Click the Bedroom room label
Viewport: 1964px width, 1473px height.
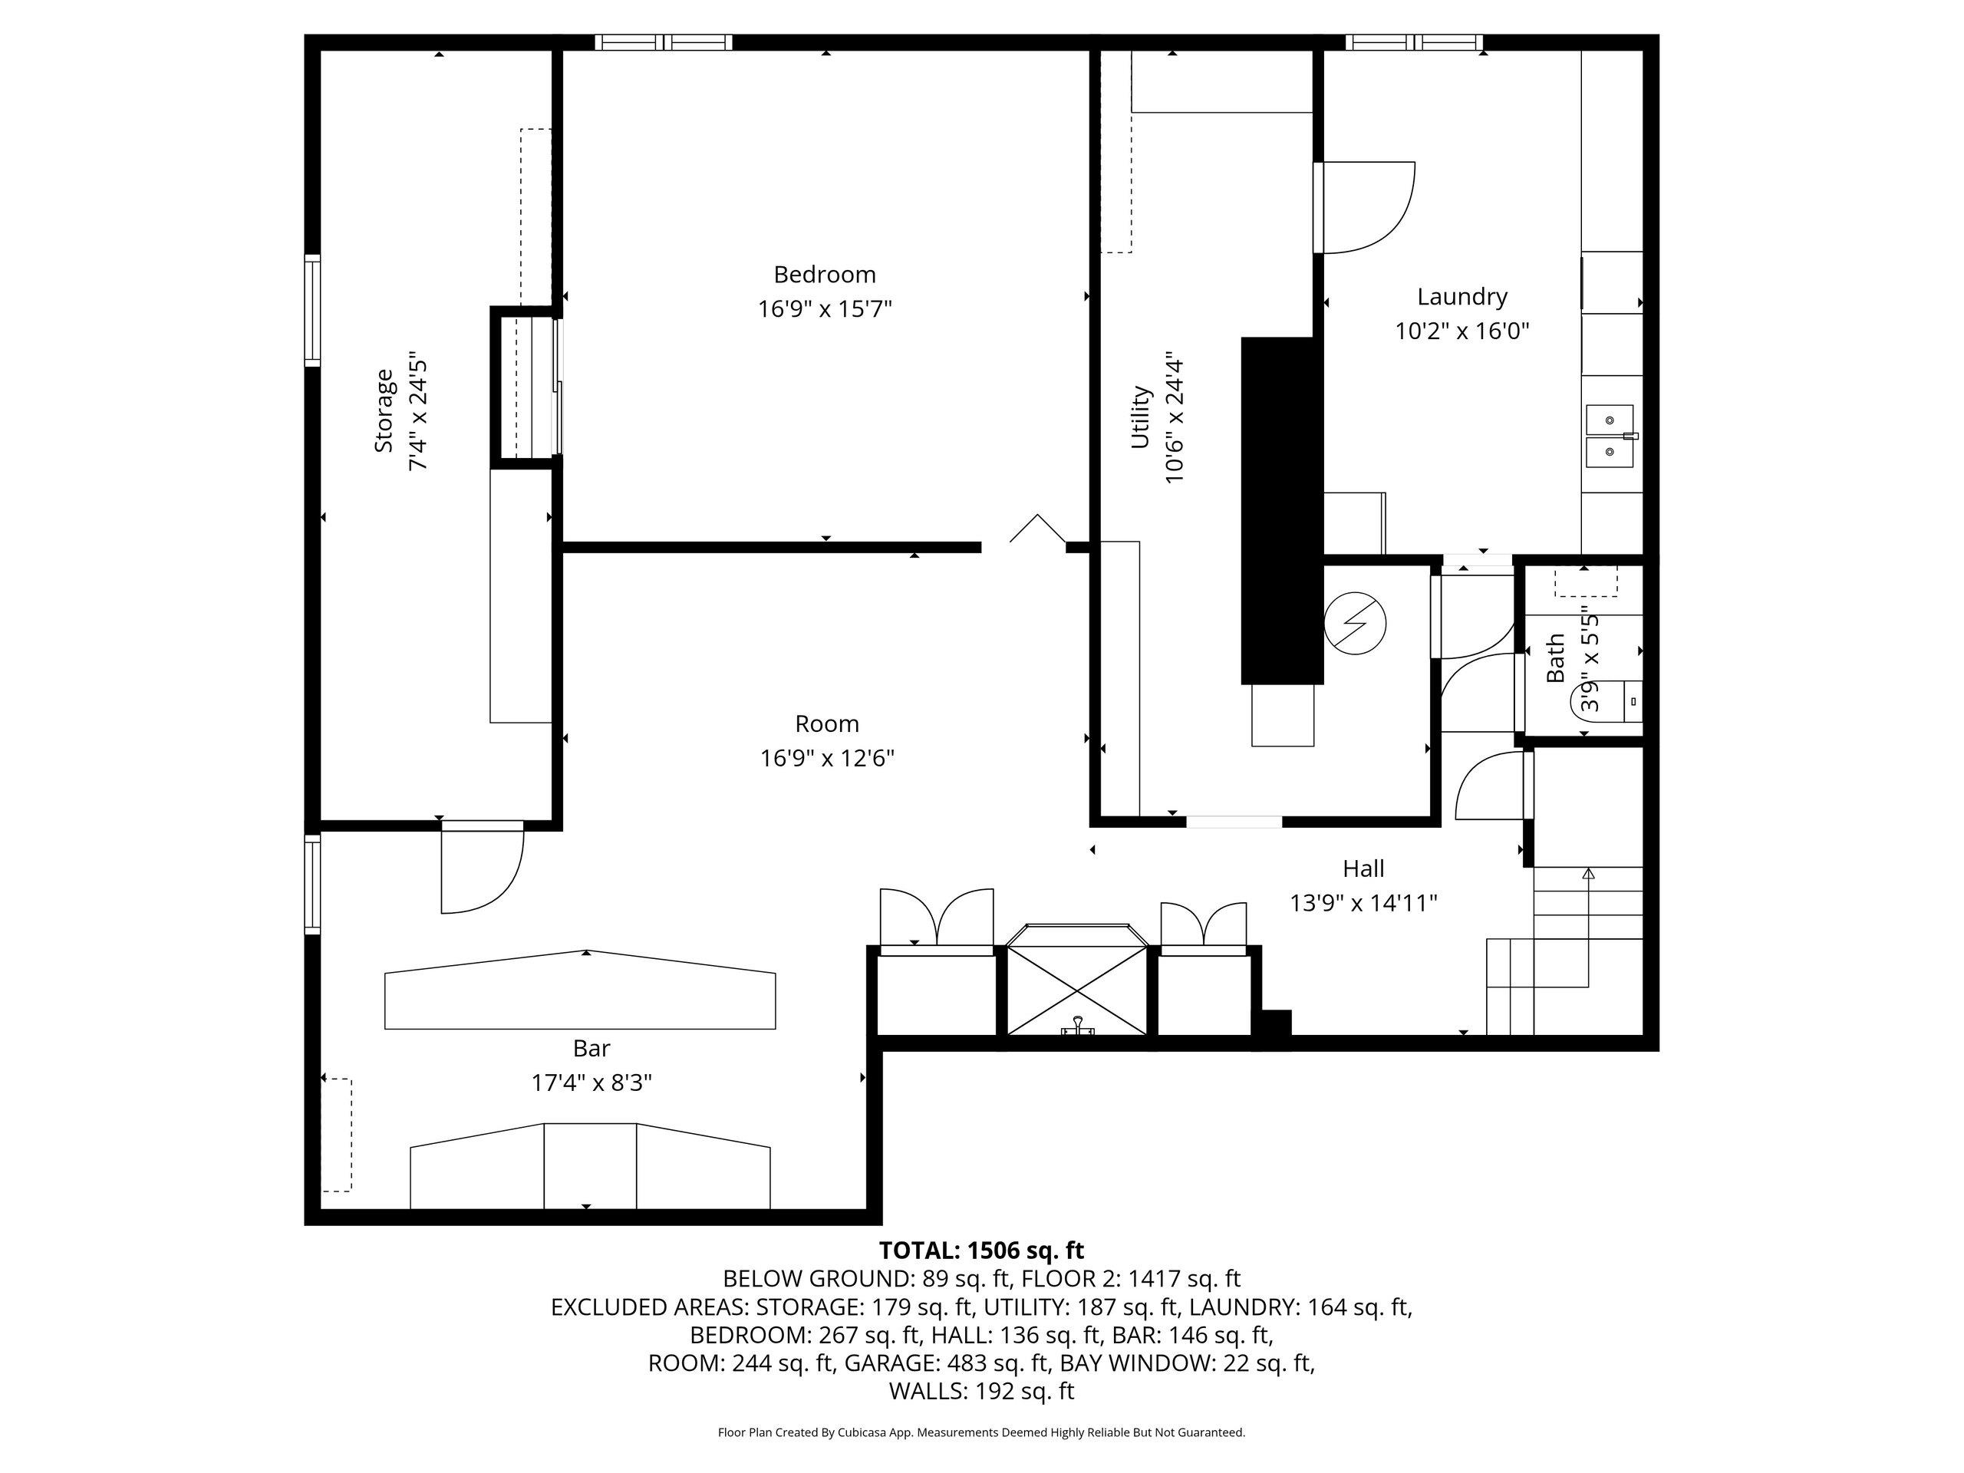(x=824, y=275)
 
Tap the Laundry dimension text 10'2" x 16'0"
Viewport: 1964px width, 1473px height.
(x=1461, y=331)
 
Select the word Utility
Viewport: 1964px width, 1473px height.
(x=1140, y=417)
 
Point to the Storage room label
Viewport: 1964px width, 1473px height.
(x=384, y=411)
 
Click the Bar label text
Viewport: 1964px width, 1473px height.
(x=592, y=1049)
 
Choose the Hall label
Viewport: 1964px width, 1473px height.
(x=1363, y=868)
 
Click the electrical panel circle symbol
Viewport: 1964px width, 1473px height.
(x=1354, y=622)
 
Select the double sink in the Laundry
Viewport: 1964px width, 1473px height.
(x=1610, y=436)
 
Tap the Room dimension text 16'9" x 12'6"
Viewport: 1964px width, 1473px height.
(x=826, y=758)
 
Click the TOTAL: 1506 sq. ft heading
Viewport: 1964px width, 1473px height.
(x=981, y=1251)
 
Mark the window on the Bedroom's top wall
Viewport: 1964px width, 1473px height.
(x=664, y=41)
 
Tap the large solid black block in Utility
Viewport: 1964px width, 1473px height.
(x=1281, y=509)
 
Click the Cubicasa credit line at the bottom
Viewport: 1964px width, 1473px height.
(x=981, y=1432)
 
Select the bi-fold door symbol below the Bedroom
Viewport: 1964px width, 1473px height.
(x=1037, y=529)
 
